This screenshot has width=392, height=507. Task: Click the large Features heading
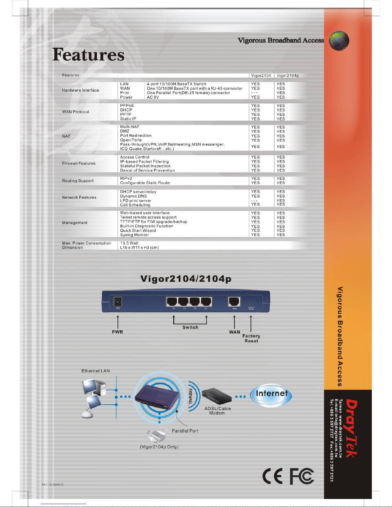(x=88, y=54)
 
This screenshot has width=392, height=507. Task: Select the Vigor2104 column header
(x=261, y=75)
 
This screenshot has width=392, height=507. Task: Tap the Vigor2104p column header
(x=287, y=75)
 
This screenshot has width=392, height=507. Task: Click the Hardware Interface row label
(x=81, y=90)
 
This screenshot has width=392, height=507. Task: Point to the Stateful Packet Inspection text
(x=145, y=166)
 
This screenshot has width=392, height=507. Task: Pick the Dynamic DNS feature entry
(x=133, y=196)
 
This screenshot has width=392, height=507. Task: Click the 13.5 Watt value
(x=129, y=243)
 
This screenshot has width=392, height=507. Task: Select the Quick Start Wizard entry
(x=138, y=230)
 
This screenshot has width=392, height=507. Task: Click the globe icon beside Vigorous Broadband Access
(x=339, y=41)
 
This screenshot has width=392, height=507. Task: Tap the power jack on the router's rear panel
(x=118, y=302)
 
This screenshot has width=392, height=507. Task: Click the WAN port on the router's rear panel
(x=234, y=302)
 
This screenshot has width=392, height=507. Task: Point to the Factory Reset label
(x=251, y=338)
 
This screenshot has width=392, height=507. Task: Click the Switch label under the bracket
(x=190, y=327)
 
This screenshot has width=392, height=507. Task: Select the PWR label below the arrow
(x=117, y=332)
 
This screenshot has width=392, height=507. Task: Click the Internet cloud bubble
(x=271, y=395)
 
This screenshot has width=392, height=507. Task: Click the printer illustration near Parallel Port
(x=157, y=435)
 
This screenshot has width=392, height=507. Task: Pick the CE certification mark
(x=273, y=477)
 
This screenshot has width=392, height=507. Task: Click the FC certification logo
(x=302, y=477)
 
